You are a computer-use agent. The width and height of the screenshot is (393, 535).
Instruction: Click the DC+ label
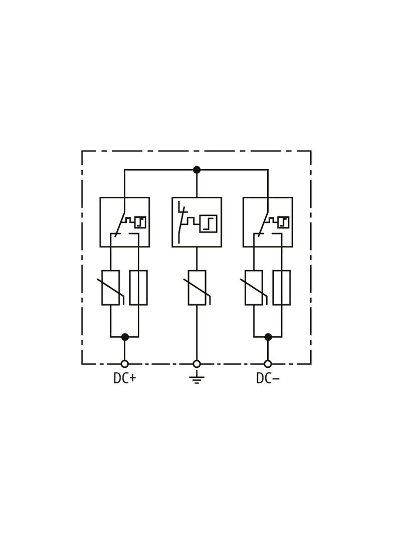(x=124, y=378)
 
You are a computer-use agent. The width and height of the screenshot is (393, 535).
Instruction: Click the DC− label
(x=268, y=378)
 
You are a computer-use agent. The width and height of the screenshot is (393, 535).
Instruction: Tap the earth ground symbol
(x=197, y=377)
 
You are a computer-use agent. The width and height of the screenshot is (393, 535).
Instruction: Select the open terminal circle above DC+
(x=125, y=364)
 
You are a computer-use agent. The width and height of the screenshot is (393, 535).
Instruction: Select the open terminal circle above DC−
(x=268, y=364)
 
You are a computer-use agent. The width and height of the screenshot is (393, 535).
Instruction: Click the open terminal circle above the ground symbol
(x=197, y=364)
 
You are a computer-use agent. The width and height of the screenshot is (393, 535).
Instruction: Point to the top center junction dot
(x=197, y=170)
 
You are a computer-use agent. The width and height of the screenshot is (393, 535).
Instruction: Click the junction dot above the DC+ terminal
(x=125, y=337)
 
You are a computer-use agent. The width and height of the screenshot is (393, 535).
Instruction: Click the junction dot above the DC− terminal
(x=268, y=337)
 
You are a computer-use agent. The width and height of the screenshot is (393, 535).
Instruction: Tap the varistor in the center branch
(x=197, y=288)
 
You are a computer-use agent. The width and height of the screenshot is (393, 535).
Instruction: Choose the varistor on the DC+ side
(x=110, y=288)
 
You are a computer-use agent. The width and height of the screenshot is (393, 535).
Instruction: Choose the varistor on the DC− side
(x=254, y=288)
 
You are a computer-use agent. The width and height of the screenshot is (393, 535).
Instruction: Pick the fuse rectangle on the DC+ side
(x=138, y=288)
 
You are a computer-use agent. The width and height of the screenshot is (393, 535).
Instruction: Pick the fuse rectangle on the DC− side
(x=282, y=288)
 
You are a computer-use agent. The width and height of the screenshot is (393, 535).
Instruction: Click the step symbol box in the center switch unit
(x=208, y=223)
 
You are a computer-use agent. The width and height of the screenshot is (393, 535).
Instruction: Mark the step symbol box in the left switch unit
(x=140, y=222)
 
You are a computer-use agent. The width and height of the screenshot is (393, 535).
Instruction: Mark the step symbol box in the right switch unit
(x=283, y=222)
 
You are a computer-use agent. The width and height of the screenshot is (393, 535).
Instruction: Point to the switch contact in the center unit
(x=181, y=222)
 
